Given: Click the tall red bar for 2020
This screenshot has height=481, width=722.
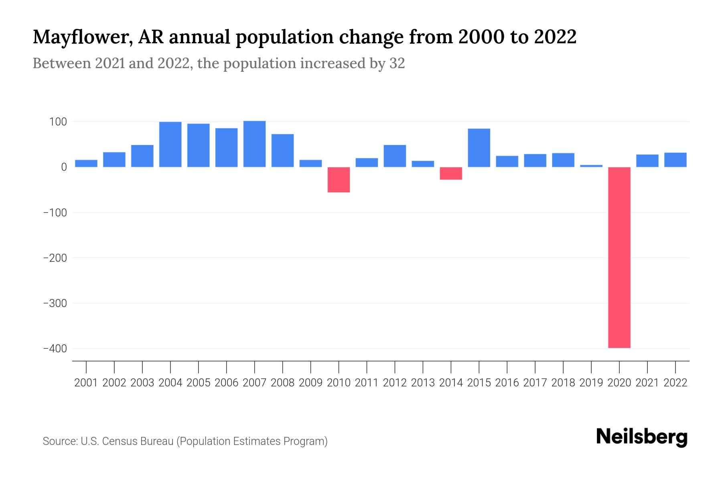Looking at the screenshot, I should point(619,257).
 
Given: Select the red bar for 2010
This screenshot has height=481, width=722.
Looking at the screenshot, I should point(339,180).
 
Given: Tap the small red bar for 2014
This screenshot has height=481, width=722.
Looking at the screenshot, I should point(451,173).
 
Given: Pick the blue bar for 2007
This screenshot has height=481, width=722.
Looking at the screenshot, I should point(254,144).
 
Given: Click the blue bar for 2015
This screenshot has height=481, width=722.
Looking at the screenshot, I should point(479,148).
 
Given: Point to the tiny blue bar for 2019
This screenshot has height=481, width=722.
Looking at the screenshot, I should point(591,166).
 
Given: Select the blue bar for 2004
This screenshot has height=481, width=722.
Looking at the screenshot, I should point(170,144).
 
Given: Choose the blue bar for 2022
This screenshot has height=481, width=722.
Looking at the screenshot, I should point(675,160).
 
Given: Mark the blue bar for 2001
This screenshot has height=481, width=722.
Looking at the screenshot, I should point(86,163).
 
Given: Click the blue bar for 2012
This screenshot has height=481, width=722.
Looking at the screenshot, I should point(395,156).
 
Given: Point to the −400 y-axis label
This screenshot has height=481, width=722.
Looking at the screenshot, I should point(55,349).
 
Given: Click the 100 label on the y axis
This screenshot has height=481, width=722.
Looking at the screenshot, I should point(58,122).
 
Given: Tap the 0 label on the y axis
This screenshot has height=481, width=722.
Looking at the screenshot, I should point(64,167).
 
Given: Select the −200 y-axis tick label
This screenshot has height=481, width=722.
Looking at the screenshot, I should point(55,258).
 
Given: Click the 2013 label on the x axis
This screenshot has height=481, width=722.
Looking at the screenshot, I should point(423,383).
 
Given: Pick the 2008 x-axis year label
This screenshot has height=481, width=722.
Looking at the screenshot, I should point(282,383).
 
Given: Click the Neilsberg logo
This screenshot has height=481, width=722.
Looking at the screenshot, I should point(642,437).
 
